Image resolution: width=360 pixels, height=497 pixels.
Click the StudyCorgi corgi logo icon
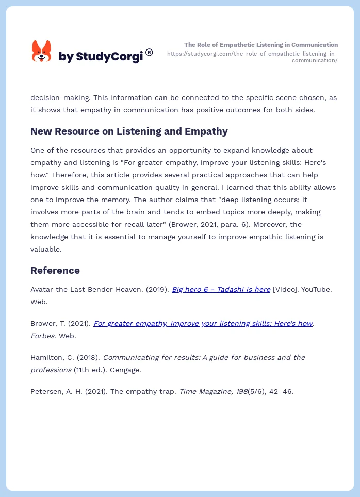coord(42,52)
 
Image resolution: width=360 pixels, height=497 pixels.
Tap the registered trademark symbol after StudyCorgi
coord(149,52)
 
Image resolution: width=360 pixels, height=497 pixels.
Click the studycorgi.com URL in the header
coord(252,57)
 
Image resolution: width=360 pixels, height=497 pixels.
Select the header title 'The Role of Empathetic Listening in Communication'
coord(261,45)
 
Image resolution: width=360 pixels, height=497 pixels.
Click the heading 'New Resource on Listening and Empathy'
coord(129,131)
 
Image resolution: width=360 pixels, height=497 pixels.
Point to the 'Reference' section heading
coord(55,270)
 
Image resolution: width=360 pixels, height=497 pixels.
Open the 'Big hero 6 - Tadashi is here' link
coord(221,289)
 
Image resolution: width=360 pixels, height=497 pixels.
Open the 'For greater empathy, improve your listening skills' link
coord(203,323)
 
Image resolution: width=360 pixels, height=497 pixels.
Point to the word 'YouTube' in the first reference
coord(315,289)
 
